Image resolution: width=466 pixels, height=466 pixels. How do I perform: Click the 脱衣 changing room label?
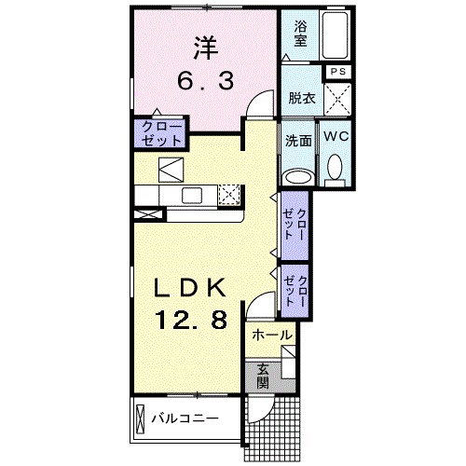(300, 96)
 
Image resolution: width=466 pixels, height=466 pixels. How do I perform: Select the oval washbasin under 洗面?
(298, 175)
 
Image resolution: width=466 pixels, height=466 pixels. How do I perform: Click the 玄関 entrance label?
(263, 376)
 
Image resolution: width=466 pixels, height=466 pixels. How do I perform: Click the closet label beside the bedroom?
(161, 130)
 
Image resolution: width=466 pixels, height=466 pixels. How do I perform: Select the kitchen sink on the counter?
(193, 194)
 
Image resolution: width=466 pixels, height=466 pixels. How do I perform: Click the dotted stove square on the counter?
(229, 194)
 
